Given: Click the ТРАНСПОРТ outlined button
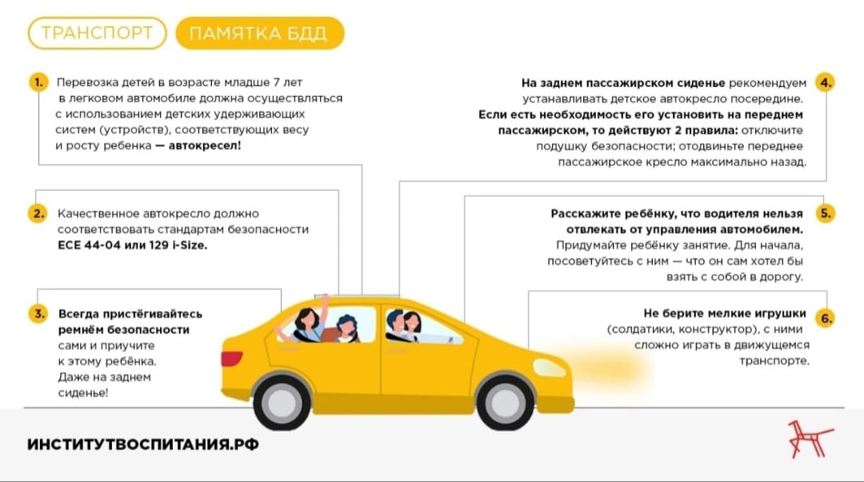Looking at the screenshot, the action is [x=97, y=33].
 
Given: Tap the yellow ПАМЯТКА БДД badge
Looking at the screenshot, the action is [x=259, y=33].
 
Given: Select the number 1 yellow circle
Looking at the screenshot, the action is [x=38, y=82].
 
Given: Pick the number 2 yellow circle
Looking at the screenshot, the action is [x=38, y=213].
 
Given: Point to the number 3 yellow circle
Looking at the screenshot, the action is [x=38, y=314].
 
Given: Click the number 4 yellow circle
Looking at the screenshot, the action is [x=825, y=82].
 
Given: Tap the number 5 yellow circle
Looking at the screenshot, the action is [x=825, y=213].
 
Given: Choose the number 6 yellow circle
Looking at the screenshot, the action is [x=826, y=318].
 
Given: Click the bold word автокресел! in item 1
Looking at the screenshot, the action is [x=205, y=146].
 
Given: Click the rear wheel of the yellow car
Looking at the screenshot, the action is [x=282, y=402].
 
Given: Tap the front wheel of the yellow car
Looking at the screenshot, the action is [x=505, y=402].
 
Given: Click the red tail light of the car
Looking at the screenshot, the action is [x=231, y=359].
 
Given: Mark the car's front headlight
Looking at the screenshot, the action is [x=550, y=368].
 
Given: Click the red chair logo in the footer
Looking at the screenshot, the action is [x=810, y=439].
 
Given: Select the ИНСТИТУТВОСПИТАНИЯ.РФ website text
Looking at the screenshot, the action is [x=142, y=444].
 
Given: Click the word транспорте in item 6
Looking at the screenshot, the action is [x=774, y=361].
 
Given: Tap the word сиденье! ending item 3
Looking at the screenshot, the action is [x=82, y=393].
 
